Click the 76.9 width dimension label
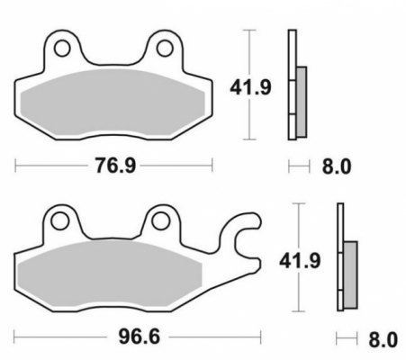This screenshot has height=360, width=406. [x=115, y=166]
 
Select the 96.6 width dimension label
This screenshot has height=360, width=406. [x=139, y=337]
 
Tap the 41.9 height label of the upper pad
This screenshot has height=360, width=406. [x=250, y=87]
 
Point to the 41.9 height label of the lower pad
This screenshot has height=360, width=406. [x=300, y=260]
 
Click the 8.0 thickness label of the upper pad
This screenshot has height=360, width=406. [x=337, y=166]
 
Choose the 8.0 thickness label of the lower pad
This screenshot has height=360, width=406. [x=383, y=339]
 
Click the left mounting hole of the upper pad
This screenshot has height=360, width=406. [x=62, y=49]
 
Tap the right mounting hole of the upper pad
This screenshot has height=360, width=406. [x=165, y=49]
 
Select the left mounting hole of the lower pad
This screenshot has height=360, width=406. [x=60, y=221]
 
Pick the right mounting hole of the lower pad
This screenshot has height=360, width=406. [x=161, y=221]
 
